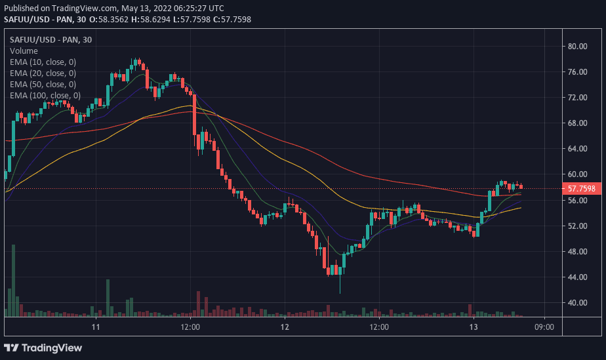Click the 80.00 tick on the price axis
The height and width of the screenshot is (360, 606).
tap(577, 46)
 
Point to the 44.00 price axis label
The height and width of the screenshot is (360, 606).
tap(577, 277)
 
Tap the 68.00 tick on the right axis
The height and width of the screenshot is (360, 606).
tap(577, 123)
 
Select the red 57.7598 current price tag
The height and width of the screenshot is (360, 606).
tap(581, 189)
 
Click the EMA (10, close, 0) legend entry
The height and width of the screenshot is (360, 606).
tap(43, 62)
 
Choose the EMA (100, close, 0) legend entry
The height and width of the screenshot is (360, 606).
tap(45, 95)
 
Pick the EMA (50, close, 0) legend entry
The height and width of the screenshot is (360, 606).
tap(43, 84)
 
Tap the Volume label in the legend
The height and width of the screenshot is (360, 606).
tap(24, 50)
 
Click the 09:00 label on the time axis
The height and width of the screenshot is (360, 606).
tap(544, 327)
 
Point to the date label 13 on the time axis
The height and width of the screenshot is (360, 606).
tap(474, 327)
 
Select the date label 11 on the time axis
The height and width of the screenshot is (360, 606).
tap(96, 327)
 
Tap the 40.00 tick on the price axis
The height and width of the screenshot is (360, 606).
tap(577, 303)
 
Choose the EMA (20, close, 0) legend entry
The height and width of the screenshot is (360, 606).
tap(43, 73)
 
